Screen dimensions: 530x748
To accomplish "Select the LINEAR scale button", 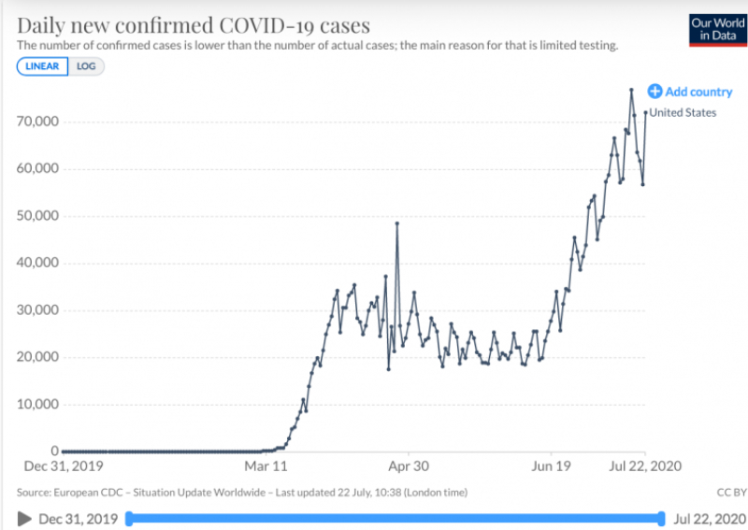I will point(41,66).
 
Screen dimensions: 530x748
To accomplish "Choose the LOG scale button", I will point(87,66).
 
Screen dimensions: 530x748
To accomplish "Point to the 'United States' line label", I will point(683,113).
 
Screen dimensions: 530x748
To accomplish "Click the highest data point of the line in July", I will point(632,90).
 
